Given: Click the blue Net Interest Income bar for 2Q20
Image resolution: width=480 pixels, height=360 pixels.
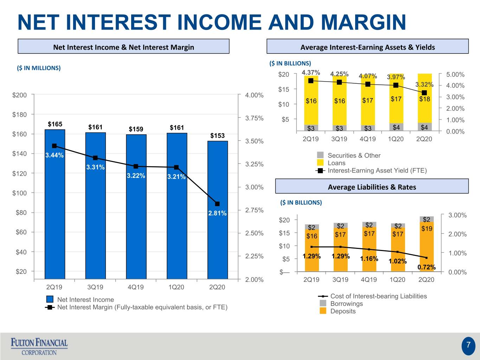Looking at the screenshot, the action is click(x=218, y=210).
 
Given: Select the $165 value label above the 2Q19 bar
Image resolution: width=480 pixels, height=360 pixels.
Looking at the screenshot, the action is click(x=55, y=124).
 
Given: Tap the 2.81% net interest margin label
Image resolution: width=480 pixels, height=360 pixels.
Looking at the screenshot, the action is click(x=217, y=213).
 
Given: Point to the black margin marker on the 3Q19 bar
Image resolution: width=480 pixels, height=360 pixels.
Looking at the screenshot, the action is click(x=95, y=158).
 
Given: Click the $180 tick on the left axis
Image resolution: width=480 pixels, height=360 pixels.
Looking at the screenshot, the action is click(x=19, y=115).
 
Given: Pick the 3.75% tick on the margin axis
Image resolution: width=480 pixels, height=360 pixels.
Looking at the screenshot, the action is click(x=254, y=118).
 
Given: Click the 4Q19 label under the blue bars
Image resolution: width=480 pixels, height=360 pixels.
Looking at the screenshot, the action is click(x=136, y=287).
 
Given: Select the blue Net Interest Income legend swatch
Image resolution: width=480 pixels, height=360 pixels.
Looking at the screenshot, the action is click(x=50, y=299).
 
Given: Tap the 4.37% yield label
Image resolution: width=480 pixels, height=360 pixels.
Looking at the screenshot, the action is click(x=311, y=72).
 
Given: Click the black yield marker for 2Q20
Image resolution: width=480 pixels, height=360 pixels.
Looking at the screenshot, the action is click(x=424, y=93).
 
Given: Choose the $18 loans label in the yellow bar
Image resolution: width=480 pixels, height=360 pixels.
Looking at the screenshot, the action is click(x=424, y=99).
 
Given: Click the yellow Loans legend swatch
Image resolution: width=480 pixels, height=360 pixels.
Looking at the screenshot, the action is click(x=320, y=163).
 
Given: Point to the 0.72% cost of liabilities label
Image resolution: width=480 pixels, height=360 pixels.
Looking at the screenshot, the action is click(x=427, y=267).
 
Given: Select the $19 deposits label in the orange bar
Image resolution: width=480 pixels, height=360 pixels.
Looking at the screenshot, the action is click(x=427, y=229).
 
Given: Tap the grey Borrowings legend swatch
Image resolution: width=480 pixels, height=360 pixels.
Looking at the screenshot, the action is click(x=323, y=303).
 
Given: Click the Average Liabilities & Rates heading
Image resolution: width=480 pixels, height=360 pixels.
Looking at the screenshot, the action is click(x=372, y=187).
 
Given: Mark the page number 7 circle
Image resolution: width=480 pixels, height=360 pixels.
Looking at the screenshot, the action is click(x=468, y=346).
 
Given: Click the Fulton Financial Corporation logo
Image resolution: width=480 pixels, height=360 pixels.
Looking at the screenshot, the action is click(x=39, y=347).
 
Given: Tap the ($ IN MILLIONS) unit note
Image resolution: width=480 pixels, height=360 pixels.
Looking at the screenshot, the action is click(x=39, y=68).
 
